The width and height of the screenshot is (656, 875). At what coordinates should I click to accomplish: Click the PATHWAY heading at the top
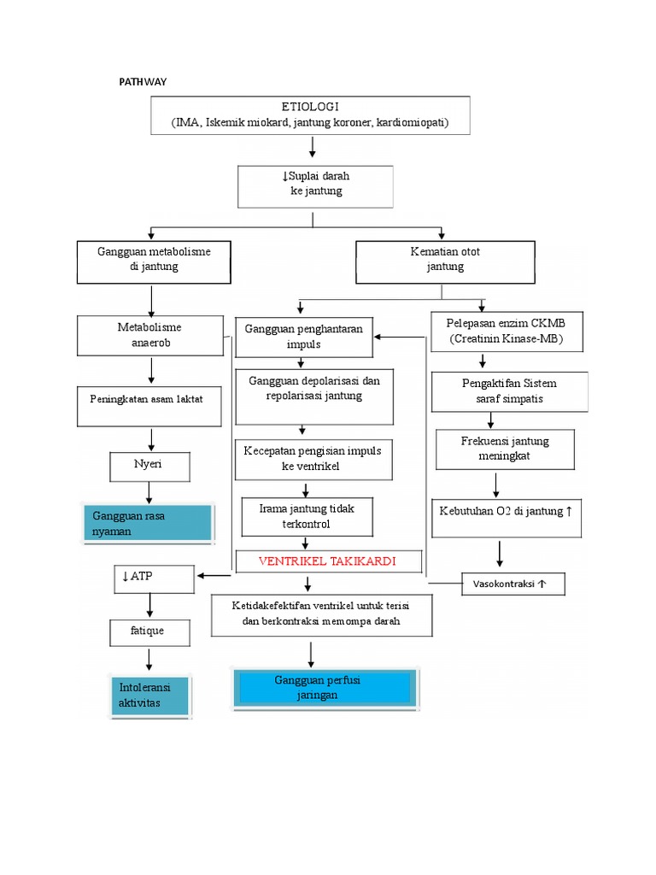pyautogui.click(x=142, y=82)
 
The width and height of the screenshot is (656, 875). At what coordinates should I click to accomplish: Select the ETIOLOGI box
pyautogui.click(x=313, y=115)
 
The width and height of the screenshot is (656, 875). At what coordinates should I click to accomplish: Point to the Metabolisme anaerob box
pyautogui.click(x=149, y=336)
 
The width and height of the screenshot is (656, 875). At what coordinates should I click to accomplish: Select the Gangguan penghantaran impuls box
pyautogui.click(x=303, y=337)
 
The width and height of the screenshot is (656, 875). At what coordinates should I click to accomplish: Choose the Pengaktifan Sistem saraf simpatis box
pyautogui.click(x=509, y=391)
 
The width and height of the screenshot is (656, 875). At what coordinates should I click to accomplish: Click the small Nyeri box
pyautogui.click(x=149, y=467)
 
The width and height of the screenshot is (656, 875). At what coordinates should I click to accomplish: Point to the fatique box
pyautogui.click(x=149, y=632)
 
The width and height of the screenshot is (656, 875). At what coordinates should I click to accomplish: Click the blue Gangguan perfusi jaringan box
pyautogui.click(x=326, y=689)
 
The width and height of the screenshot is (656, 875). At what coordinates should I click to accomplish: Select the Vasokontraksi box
pyautogui.click(x=512, y=584)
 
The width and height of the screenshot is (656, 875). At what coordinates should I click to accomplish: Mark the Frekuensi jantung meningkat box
pyautogui.click(x=504, y=449)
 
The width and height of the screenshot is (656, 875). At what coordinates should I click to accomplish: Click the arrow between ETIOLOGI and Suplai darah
pyautogui.click(x=313, y=148)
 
